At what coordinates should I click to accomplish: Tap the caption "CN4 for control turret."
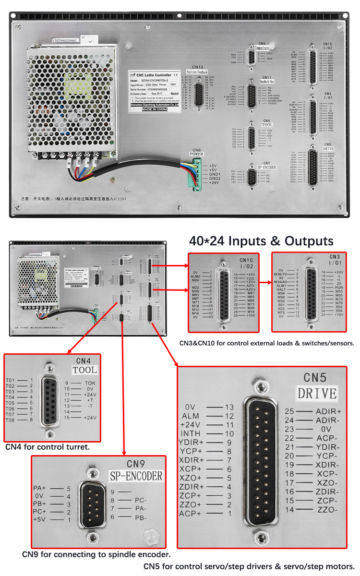(48, 447)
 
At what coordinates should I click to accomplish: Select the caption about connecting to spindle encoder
(96, 554)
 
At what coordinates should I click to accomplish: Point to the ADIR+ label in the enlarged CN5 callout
(328, 411)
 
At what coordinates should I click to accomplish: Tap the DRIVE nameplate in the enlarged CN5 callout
(317, 394)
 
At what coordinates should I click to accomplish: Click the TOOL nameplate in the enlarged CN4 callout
(84, 370)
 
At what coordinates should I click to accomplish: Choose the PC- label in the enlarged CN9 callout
(141, 500)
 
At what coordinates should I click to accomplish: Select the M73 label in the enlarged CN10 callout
(251, 304)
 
